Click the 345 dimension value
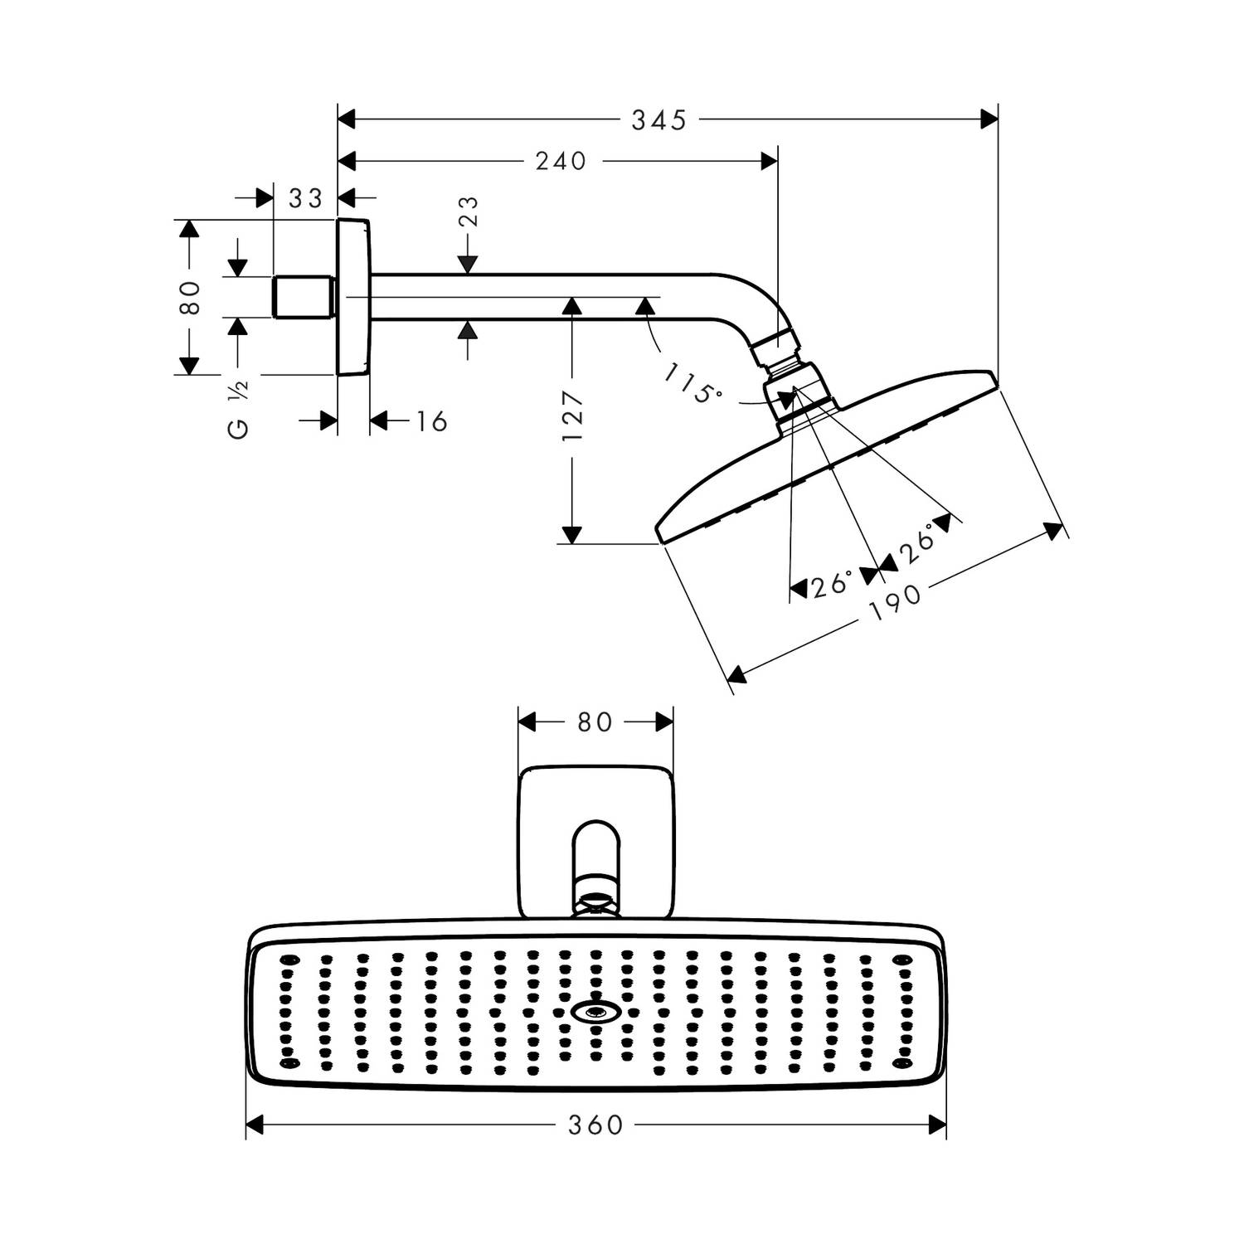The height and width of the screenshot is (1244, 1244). pyautogui.click(x=659, y=120)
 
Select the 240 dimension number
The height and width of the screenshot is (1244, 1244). pyautogui.click(x=561, y=161)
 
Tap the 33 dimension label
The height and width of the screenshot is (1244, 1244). pyautogui.click(x=305, y=199)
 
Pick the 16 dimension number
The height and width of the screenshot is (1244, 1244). pyautogui.click(x=431, y=421)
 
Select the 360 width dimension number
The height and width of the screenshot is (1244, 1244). pyautogui.click(x=595, y=1125)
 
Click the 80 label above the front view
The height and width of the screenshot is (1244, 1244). pyautogui.click(x=595, y=722)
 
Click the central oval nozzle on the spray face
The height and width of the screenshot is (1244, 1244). pyautogui.click(x=595, y=1012)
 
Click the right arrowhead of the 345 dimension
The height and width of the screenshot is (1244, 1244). pyautogui.click(x=988, y=120)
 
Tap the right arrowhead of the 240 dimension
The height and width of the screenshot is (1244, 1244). pyautogui.click(x=769, y=161)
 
